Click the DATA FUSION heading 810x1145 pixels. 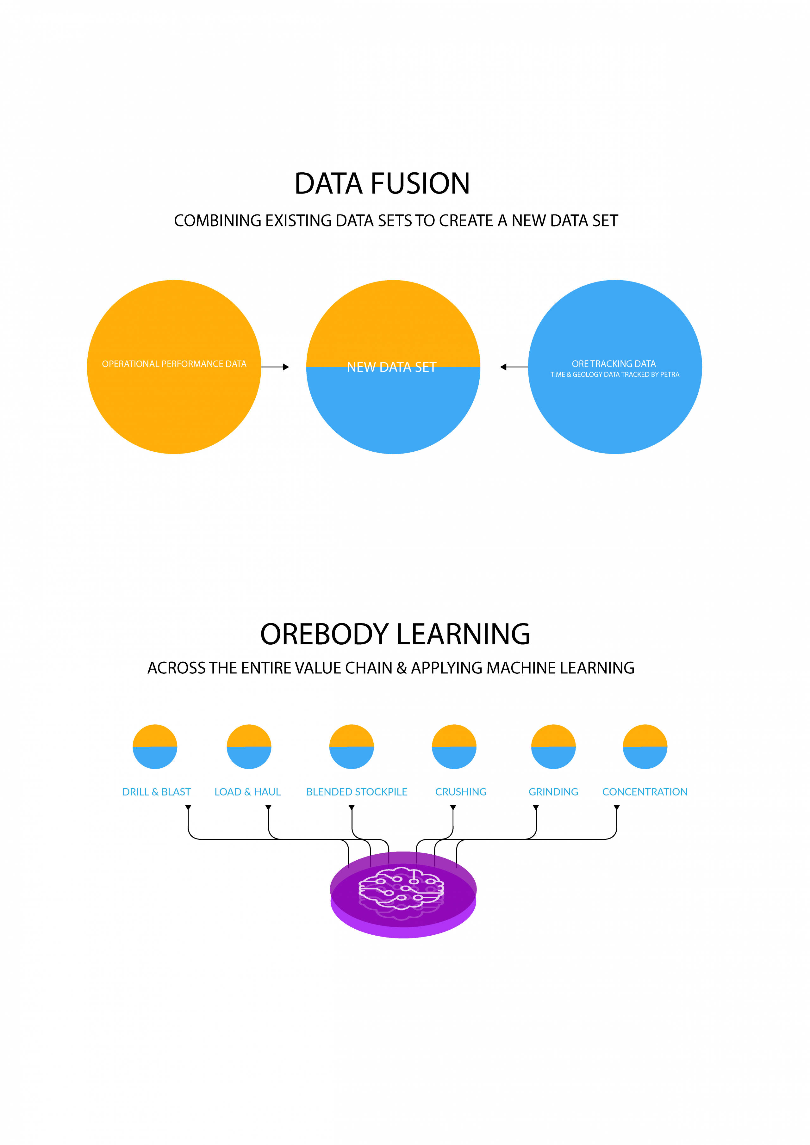(382, 183)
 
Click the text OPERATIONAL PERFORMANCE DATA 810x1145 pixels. (174, 364)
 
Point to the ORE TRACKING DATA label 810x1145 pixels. (614, 364)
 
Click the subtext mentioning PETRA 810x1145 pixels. (615, 374)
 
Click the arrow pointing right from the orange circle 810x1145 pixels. (275, 367)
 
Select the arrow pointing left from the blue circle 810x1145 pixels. (514, 367)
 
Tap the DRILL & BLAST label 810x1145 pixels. (157, 792)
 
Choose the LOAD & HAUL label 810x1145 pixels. (247, 792)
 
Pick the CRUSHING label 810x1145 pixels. (461, 792)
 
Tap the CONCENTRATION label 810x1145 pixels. (645, 792)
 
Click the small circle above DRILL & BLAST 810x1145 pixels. (155, 746)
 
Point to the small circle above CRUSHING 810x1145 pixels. (454, 746)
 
